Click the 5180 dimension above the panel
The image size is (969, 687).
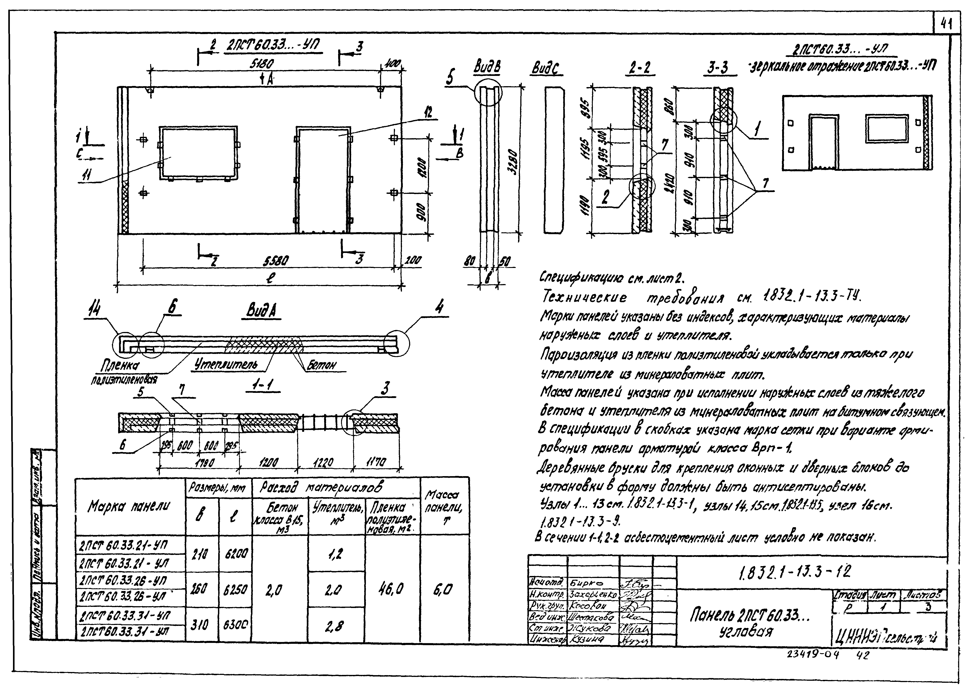tap(261, 64)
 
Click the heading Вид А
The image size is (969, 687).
tap(262, 312)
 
